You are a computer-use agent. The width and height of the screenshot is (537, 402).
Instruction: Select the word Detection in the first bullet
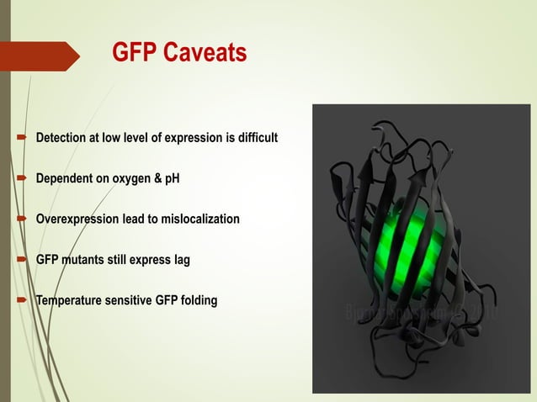[x=61, y=137]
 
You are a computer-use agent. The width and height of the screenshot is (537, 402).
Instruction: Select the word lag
[x=181, y=260]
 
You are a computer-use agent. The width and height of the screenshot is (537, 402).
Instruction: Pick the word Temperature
[x=68, y=300]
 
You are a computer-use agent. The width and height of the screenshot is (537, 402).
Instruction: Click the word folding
[x=198, y=300]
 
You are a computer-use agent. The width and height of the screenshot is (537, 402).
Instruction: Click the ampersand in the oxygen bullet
[x=157, y=178]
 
